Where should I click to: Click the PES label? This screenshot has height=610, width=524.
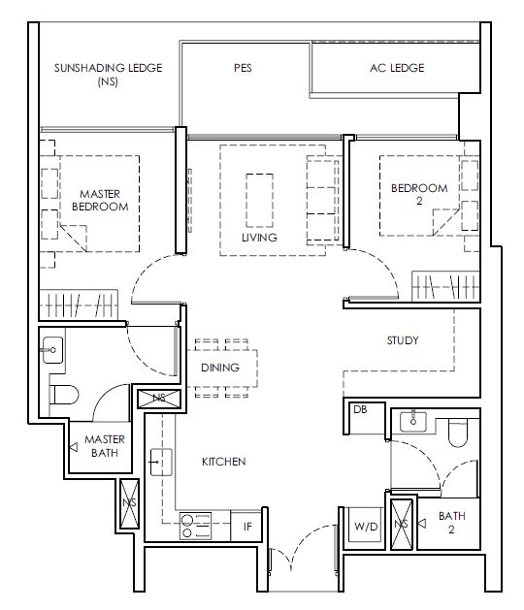[243, 68]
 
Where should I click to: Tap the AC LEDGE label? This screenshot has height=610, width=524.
[397, 68]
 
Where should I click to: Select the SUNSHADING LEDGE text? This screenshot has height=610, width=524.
[109, 68]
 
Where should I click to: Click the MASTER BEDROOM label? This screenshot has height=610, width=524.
[100, 200]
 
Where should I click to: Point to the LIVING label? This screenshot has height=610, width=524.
[259, 238]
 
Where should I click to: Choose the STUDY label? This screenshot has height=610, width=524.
[403, 340]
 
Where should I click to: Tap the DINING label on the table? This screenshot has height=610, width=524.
[220, 368]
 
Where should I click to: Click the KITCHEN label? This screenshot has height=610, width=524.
[224, 462]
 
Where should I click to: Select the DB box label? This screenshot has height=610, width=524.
[360, 409]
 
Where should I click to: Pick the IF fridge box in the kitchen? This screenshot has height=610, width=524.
[246, 526]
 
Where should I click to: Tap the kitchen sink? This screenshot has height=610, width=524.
[161, 463]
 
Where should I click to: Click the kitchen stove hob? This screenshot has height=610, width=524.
[195, 526]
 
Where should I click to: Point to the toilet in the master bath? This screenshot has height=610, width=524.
[64, 395]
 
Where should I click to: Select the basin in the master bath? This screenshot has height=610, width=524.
[52, 350]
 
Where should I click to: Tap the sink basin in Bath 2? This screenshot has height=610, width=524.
[413, 421]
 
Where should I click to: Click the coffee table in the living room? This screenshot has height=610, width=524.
[259, 201]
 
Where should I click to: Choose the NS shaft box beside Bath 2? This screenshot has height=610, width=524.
[402, 525]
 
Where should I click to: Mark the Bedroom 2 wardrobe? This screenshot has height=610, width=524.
[445, 286]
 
